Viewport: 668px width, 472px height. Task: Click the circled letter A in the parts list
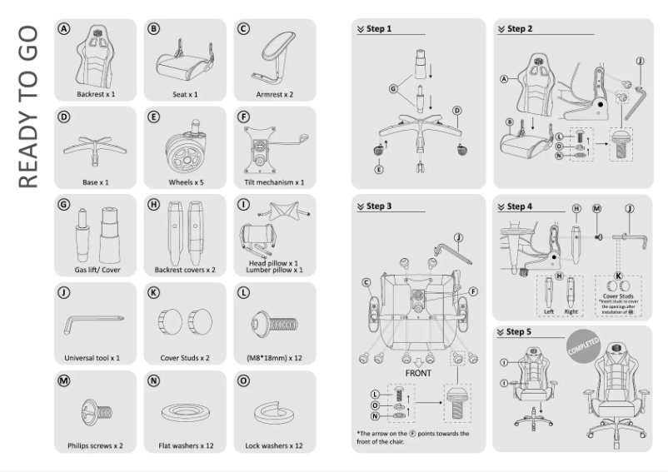pyautogui.click(x=62, y=29)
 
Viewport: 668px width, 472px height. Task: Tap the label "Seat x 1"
pyautogui.click(x=185, y=95)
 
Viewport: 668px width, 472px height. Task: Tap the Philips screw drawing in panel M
pyautogui.click(x=93, y=410)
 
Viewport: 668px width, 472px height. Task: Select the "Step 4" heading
pyautogui.click(x=520, y=206)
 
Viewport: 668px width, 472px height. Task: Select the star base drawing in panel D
pyautogui.click(x=93, y=147)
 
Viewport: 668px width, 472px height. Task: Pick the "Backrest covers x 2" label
pyautogui.click(x=185, y=270)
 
